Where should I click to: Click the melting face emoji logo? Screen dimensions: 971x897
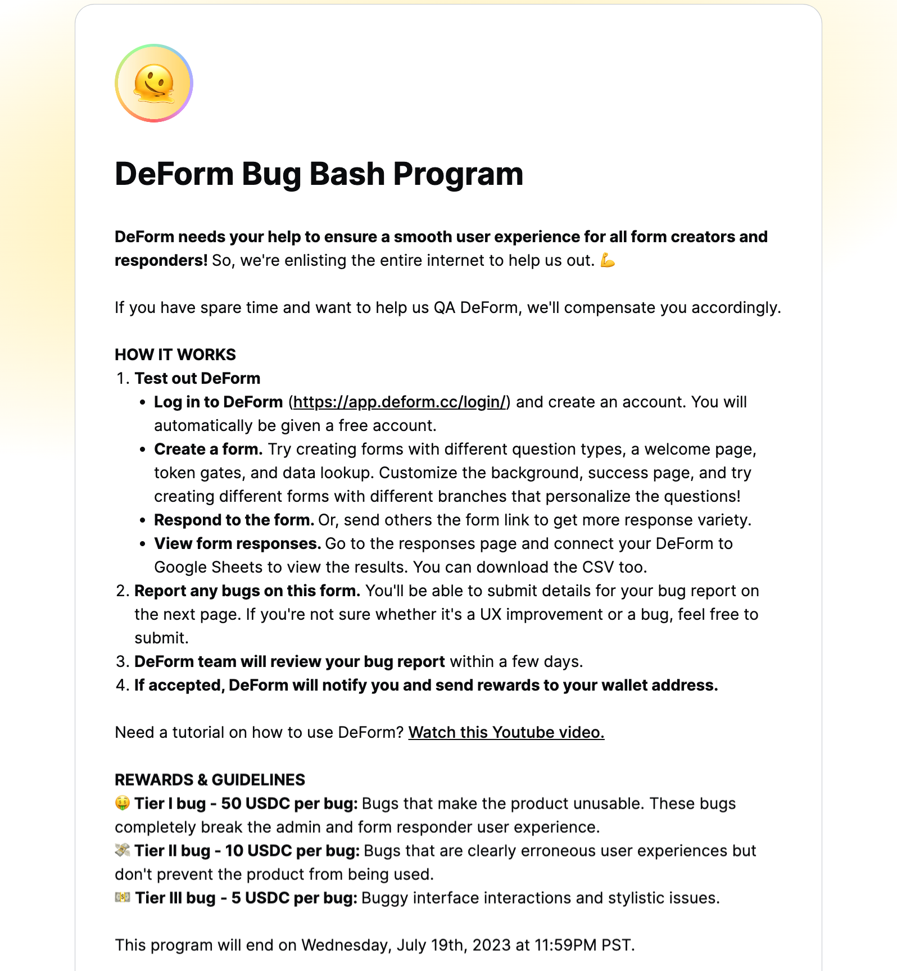coord(154,83)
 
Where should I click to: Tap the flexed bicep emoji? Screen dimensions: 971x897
coord(608,260)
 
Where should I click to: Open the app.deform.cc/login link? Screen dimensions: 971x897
coord(399,402)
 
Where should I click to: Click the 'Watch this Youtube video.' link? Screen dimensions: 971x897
coord(506,732)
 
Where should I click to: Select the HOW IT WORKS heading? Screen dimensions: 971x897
coord(175,355)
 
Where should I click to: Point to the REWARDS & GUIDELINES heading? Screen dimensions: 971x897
coord(210,779)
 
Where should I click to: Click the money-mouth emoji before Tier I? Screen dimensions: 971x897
coord(122,803)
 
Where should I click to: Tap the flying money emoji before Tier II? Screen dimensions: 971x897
coord(123,850)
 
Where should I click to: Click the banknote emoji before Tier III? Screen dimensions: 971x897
coord(123,897)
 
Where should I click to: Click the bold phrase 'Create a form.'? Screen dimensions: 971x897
coord(209,449)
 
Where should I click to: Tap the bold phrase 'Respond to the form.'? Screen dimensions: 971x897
coord(234,520)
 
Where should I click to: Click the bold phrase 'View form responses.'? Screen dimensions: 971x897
coord(237,543)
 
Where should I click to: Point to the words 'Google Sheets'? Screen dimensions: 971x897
coord(208,567)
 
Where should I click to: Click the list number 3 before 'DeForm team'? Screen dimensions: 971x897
coord(121,661)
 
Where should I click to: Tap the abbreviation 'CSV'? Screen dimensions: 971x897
coord(598,567)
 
